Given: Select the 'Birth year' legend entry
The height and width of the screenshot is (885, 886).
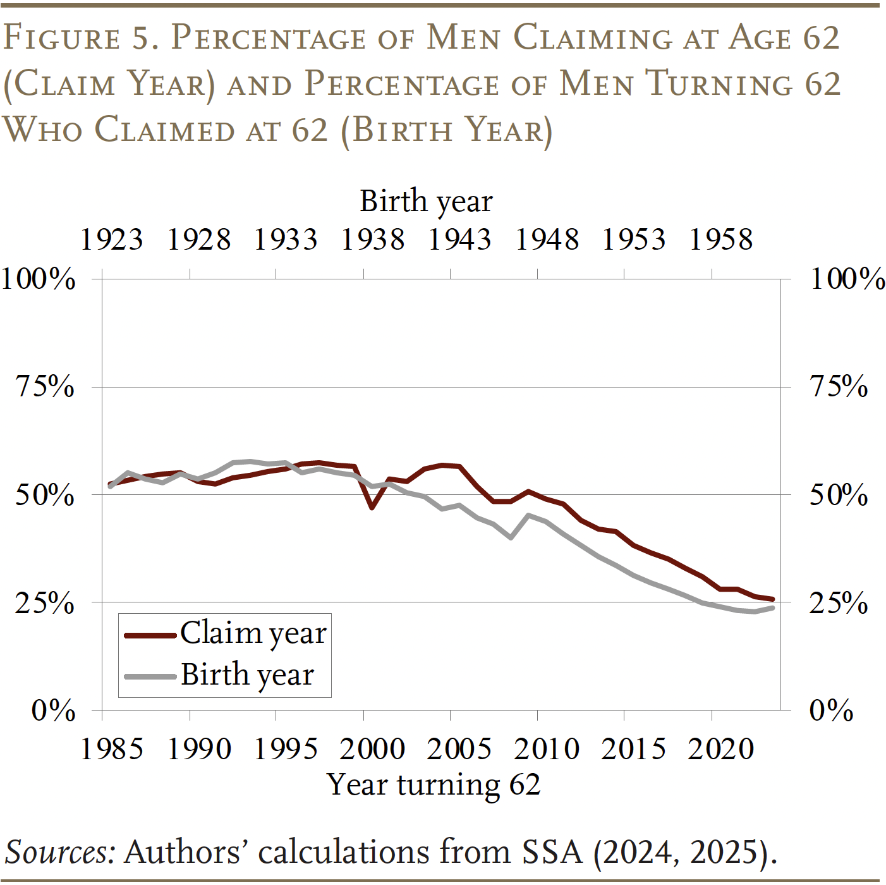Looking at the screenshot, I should coord(247,675).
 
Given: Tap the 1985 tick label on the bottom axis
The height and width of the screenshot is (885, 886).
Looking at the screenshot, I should coord(112,749).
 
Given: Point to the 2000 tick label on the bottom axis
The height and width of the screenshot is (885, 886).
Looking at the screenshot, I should coord(372,749).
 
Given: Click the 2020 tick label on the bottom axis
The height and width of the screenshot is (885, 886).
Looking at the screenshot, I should coord(721,749).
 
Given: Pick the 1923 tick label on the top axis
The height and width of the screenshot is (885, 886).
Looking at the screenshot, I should coord(112,240).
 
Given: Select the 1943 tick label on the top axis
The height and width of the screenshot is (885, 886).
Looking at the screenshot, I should coord(459,240).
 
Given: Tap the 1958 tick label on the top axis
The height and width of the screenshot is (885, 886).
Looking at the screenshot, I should coord(721,240).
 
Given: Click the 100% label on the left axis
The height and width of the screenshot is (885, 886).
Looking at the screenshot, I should coord(39,279).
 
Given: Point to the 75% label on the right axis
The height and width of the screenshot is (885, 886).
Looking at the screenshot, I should coord(839,386).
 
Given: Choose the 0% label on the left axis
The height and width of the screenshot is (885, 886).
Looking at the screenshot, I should coord(54,711).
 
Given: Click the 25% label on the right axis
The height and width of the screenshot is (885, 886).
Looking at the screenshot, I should coord(839,603).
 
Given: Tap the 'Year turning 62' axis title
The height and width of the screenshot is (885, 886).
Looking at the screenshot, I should coord(434,784).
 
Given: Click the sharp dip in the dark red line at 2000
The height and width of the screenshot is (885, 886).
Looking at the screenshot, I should coord(372,507).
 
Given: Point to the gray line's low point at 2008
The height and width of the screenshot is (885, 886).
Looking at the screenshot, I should coord(511,537).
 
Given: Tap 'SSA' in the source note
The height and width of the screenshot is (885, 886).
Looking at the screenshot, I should coord(552,852).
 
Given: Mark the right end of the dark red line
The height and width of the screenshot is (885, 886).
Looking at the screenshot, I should coord(772,599).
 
